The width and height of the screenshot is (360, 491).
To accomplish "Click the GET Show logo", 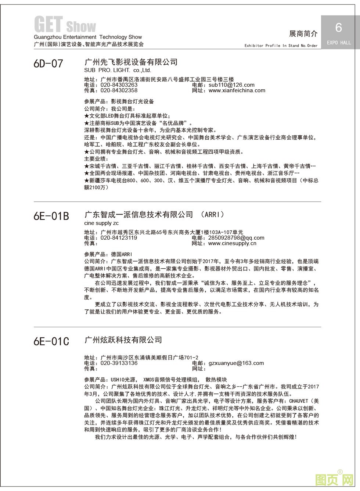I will click(65, 25).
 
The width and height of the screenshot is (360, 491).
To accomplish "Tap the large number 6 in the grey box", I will click(339, 28).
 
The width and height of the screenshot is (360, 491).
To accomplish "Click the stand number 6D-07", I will click(48, 64).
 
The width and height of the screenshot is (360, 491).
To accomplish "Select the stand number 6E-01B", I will click(51, 216).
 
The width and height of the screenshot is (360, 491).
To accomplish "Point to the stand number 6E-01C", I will click(51, 341).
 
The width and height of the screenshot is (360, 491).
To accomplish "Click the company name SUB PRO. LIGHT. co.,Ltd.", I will click(118, 70).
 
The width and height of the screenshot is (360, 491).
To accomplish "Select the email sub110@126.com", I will click(231, 85).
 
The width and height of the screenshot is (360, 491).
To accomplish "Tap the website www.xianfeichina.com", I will click(237, 90).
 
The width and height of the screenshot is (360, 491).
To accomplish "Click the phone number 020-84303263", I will click(119, 85).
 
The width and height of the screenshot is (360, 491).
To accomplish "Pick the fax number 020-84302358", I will click(119, 90).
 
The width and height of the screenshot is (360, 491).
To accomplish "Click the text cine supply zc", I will click(101, 223).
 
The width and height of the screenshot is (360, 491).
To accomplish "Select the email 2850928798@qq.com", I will click(236, 238).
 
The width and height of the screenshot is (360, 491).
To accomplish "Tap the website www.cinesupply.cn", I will click(232, 243).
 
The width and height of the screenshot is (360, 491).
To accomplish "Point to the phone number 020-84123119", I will click(119, 238).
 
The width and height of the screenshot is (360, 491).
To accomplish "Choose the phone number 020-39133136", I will click(119, 363).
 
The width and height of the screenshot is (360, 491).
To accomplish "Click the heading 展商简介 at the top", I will click(303, 34).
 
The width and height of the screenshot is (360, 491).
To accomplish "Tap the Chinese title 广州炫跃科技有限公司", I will click(123, 340).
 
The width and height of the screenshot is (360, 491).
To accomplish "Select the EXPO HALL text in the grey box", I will click(339, 43).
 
